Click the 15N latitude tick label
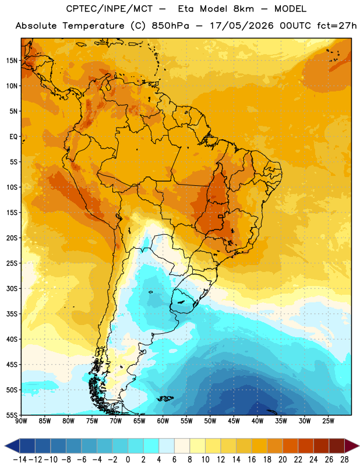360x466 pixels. (12, 61)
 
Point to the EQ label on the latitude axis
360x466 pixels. (13, 137)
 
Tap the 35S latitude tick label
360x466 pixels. (12, 314)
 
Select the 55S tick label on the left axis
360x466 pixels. (12, 415)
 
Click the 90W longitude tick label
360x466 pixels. (21, 421)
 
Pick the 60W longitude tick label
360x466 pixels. (163, 421)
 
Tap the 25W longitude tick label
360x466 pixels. (328, 421)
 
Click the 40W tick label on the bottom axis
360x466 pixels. (257, 421)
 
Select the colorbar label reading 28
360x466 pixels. (344, 460)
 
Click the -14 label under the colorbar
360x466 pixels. (20, 460)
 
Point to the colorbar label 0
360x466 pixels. (128, 460)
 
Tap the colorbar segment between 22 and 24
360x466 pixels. (306, 446)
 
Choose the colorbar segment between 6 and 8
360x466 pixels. (182, 446)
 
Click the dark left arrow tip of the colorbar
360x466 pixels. (5, 446)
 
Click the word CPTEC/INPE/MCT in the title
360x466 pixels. (109, 9)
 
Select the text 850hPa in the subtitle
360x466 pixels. (170, 26)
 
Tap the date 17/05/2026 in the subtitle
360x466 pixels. (242, 26)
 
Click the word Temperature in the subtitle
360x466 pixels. (93, 26)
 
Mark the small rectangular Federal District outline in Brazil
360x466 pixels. (221, 217)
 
